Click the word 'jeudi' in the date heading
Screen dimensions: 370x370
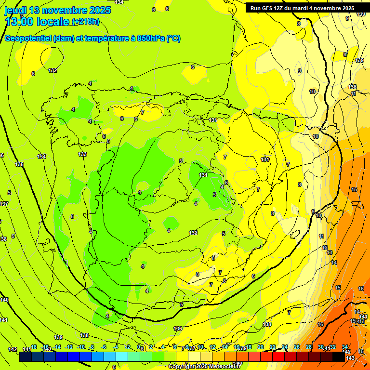[15, 10]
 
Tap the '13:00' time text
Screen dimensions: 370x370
[19, 22]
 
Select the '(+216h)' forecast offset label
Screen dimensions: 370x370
[86, 22]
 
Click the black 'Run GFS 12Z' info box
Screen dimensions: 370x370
[302, 8]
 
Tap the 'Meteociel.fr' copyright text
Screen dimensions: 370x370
[219, 367]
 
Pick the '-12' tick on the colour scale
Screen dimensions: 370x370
[69, 347]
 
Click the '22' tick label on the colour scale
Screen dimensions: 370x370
[273, 347]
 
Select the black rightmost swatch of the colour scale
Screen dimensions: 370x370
[339, 357]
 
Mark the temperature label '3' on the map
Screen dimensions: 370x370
[214, 195]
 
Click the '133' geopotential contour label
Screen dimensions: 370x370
[82, 154]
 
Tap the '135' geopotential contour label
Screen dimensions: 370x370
[19, 165]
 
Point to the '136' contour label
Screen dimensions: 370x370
[178, 329]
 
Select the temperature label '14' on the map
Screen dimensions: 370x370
[334, 263]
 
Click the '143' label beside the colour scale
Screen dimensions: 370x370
[350, 357]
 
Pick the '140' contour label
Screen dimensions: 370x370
[4, 300]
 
